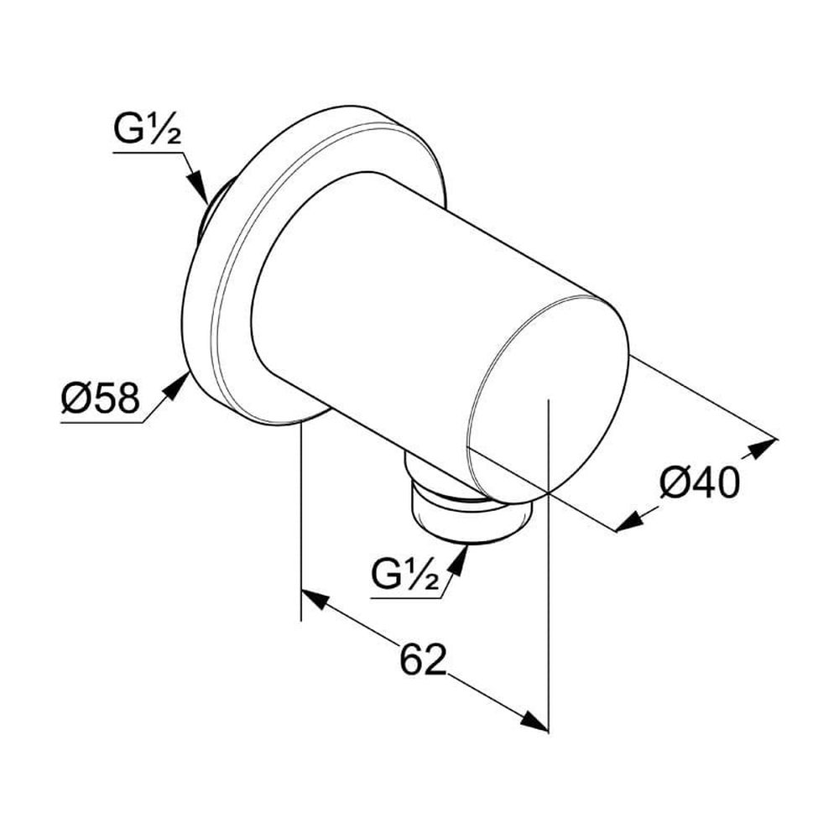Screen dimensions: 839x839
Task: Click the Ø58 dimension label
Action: point(100,398)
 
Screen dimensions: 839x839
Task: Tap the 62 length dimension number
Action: point(423,659)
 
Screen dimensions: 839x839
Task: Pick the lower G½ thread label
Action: point(405,574)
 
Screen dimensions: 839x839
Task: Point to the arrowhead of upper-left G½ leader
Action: point(198,187)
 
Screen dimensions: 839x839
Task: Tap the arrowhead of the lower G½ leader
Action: point(458,560)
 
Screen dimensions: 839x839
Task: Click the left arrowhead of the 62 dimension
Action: point(314,600)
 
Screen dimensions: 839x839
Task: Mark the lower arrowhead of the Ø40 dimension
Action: point(629,521)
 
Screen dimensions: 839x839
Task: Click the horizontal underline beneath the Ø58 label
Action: point(102,423)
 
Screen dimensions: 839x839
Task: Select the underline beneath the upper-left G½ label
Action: point(149,153)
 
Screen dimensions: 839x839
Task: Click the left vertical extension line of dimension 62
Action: point(301,522)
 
